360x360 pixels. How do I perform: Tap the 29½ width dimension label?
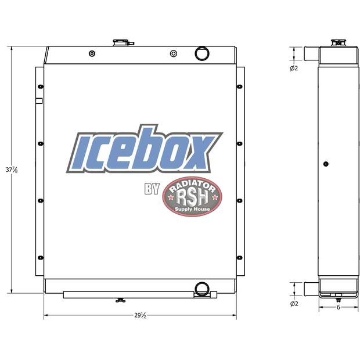pos(140,316)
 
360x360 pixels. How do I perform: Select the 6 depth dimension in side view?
pos(338,307)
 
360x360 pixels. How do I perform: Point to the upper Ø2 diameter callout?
pos(294,69)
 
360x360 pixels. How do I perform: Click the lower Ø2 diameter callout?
pos(294,303)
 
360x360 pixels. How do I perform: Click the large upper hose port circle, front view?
pos(201,53)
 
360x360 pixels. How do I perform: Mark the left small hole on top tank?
pos(92,54)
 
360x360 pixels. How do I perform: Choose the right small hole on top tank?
pos(172,54)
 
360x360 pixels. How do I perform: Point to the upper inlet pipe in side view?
pos(310,55)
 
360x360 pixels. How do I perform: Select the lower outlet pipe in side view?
pos(310,288)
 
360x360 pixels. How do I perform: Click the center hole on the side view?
pos(326,164)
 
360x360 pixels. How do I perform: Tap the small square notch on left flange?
pos(39,101)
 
